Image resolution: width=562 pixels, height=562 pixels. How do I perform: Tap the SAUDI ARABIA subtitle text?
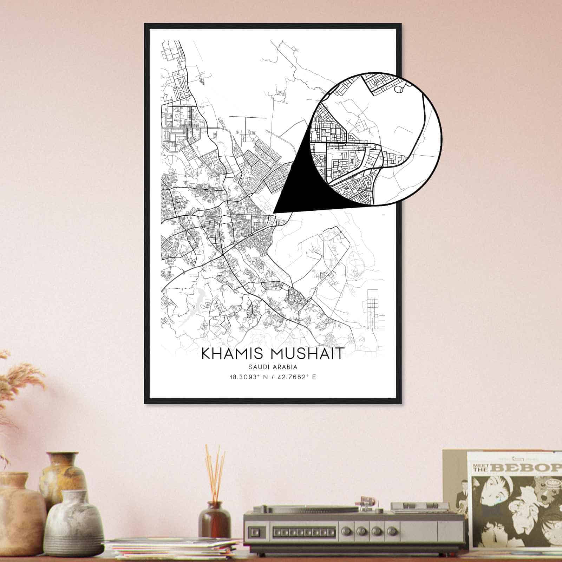pos(273,367)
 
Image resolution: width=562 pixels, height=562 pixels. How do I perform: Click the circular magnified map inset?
pos(376,139)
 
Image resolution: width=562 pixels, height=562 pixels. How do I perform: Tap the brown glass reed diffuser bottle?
pos(214,518)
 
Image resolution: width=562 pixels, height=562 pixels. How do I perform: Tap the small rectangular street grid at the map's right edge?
pos(373,309)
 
